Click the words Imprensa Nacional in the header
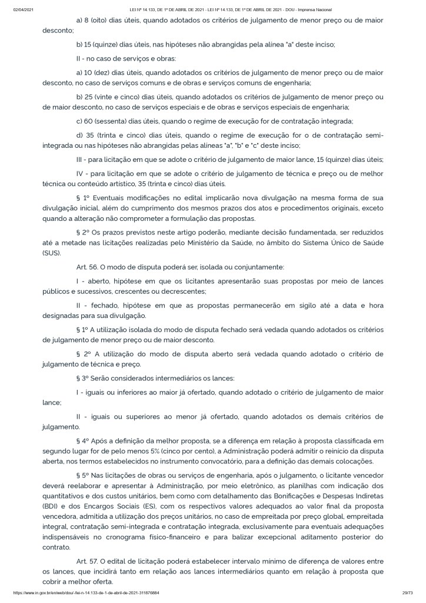pos(315,10)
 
